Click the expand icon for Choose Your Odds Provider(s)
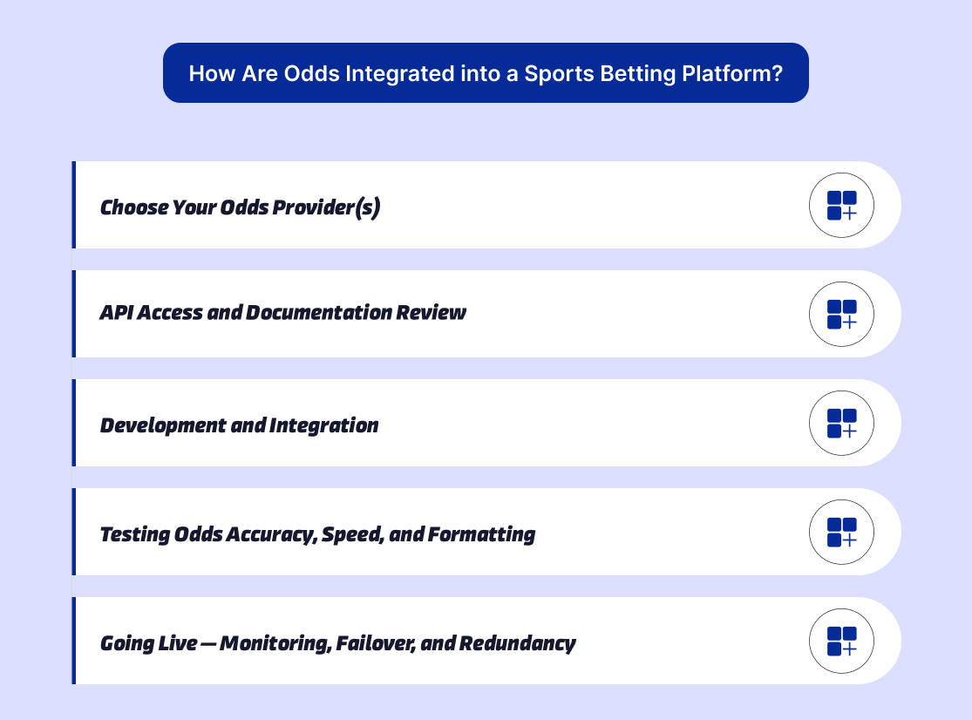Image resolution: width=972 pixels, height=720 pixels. [x=841, y=205]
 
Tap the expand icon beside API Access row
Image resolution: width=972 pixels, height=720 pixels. [x=841, y=314]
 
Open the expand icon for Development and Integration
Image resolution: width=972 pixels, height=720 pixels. [x=841, y=423]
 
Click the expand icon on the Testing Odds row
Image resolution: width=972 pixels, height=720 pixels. [x=841, y=532]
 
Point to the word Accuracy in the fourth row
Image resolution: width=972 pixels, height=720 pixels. [x=270, y=534]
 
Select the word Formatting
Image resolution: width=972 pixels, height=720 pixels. [x=481, y=534]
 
